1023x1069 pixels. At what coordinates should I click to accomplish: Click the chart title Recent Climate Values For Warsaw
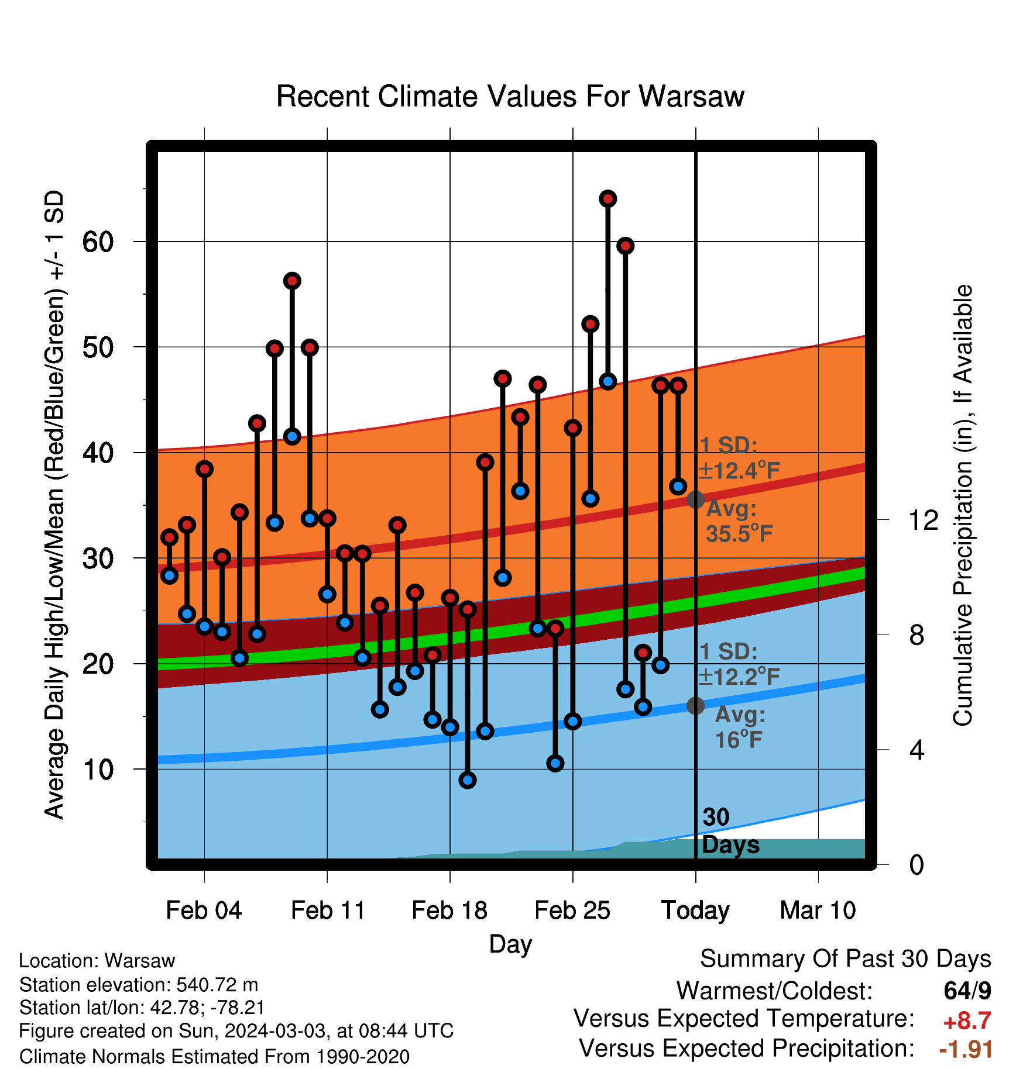click(510, 96)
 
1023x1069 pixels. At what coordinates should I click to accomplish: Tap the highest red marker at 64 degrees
click(607, 199)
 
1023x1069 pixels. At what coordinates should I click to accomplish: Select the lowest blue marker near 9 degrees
click(467, 780)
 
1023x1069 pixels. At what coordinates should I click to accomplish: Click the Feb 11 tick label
click(328, 911)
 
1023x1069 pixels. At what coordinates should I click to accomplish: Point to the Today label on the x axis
click(695, 911)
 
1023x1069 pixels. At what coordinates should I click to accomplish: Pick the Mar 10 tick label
click(818, 911)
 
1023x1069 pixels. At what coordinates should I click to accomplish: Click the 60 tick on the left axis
click(98, 242)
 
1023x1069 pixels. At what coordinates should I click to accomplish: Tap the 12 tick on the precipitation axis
click(923, 520)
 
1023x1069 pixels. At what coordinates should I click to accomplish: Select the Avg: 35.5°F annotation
click(739, 521)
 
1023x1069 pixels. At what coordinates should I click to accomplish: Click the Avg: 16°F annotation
click(740, 727)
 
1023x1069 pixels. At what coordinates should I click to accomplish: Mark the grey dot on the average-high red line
click(695, 500)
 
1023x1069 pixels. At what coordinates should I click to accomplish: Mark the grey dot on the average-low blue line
click(695, 706)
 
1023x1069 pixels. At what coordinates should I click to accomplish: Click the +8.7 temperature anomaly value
click(967, 1021)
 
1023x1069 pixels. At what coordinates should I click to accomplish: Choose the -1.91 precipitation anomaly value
click(966, 1049)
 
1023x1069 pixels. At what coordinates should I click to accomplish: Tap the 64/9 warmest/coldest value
click(967, 991)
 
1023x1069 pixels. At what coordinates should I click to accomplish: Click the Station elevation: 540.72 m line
click(139, 985)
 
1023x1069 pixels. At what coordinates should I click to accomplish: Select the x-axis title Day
click(510, 944)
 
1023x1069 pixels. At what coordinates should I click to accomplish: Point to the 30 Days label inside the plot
click(730, 831)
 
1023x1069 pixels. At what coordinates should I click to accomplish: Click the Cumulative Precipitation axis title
click(963, 505)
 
